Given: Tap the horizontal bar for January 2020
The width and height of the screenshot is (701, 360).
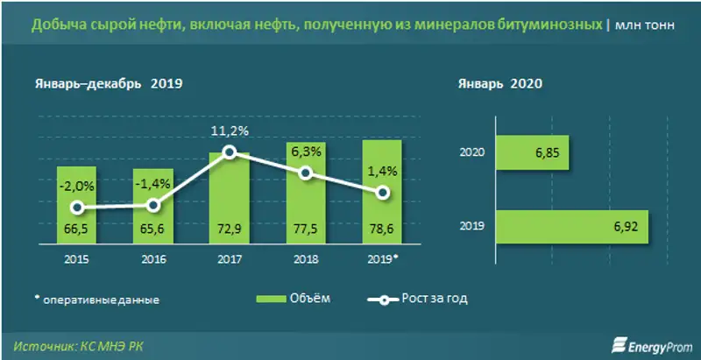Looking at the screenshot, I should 532,152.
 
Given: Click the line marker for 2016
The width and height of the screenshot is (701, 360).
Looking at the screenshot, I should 153,205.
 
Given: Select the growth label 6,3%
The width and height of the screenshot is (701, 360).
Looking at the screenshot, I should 306,151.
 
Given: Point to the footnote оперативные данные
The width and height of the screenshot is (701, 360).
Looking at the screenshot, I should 96,299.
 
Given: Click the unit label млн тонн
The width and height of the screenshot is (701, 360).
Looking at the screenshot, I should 646,26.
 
